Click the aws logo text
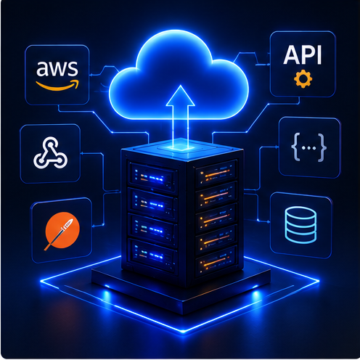point(57,68)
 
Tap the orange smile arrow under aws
point(57,86)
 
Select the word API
point(303,55)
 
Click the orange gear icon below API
point(303,79)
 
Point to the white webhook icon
point(50,152)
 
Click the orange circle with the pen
point(62,230)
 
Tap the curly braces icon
point(308,147)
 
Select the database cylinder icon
point(300,225)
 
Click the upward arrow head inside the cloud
point(180,96)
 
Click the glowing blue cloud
point(179,75)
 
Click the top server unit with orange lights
point(216,173)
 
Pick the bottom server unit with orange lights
point(216,261)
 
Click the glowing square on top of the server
point(179,147)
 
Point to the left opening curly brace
point(296,147)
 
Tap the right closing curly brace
point(322,147)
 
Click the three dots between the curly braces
point(309,148)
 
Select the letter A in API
point(291,55)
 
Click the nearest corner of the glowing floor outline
point(183,332)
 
